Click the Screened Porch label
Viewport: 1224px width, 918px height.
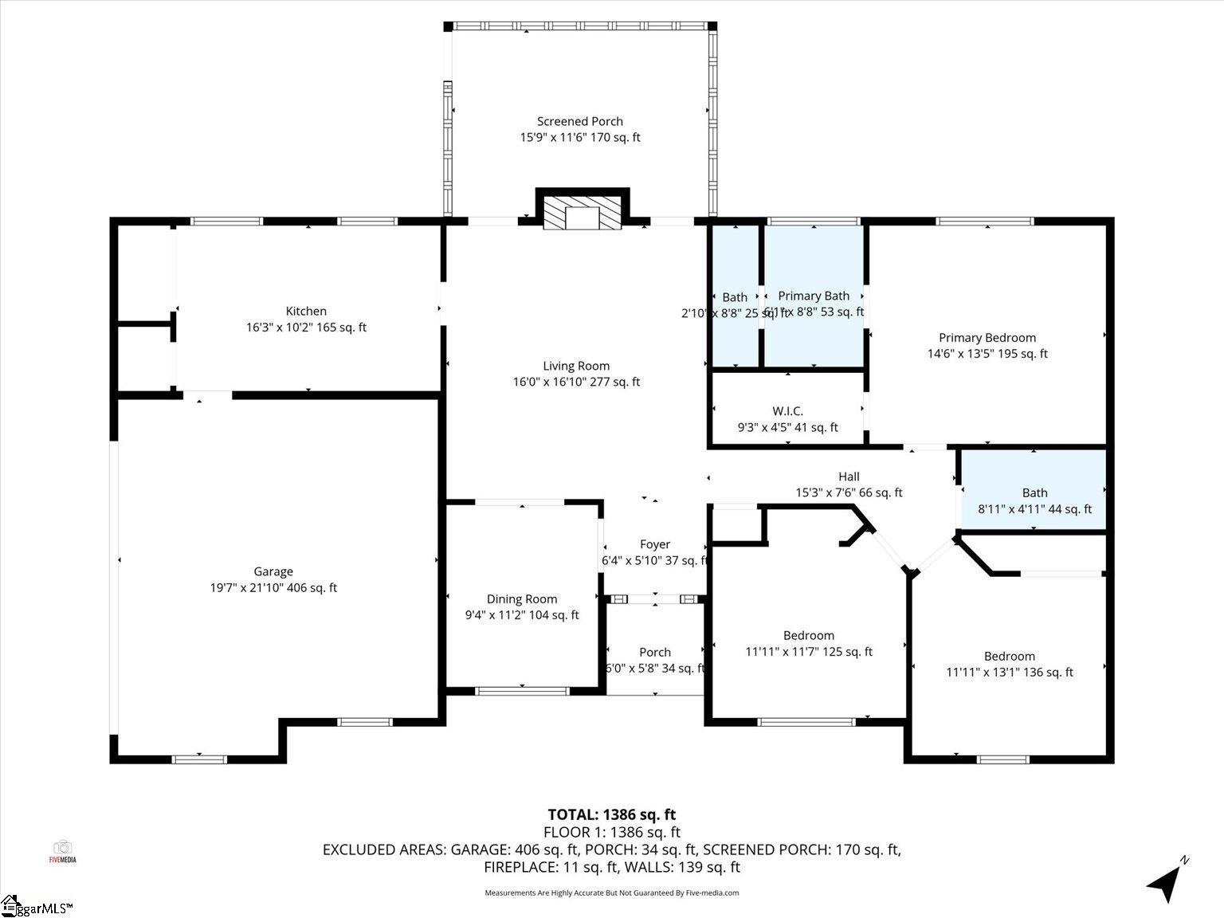(x=579, y=122)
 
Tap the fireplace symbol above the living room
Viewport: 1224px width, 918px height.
(x=583, y=210)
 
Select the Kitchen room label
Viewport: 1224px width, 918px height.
(x=306, y=312)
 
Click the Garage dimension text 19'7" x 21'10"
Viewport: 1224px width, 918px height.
(x=273, y=588)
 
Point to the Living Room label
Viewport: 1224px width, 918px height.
(x=576, y=367)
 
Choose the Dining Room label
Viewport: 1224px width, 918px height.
(x=522, y=599)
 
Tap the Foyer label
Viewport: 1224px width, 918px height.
(x=655, y=545)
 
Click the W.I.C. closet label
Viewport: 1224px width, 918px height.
(x=787, y=412)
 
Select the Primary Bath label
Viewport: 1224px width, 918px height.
(x=814, y=296)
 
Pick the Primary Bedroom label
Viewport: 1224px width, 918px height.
(x=987, y=338)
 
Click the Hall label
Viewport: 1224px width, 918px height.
(x=849, y=477)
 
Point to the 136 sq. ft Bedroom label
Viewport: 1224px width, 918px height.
(x=1010, y=657)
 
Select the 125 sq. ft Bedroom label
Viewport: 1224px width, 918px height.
(x=809, y=636)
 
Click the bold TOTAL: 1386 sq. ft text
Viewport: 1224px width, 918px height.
(x=611, y=814)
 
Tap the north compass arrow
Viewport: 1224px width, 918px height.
(x=1166, y=882)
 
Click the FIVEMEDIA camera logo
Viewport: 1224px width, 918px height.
(x=62, y=850)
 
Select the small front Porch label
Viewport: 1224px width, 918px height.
(x=655, y=653)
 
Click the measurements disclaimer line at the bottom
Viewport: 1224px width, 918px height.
(x=611, y=893)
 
